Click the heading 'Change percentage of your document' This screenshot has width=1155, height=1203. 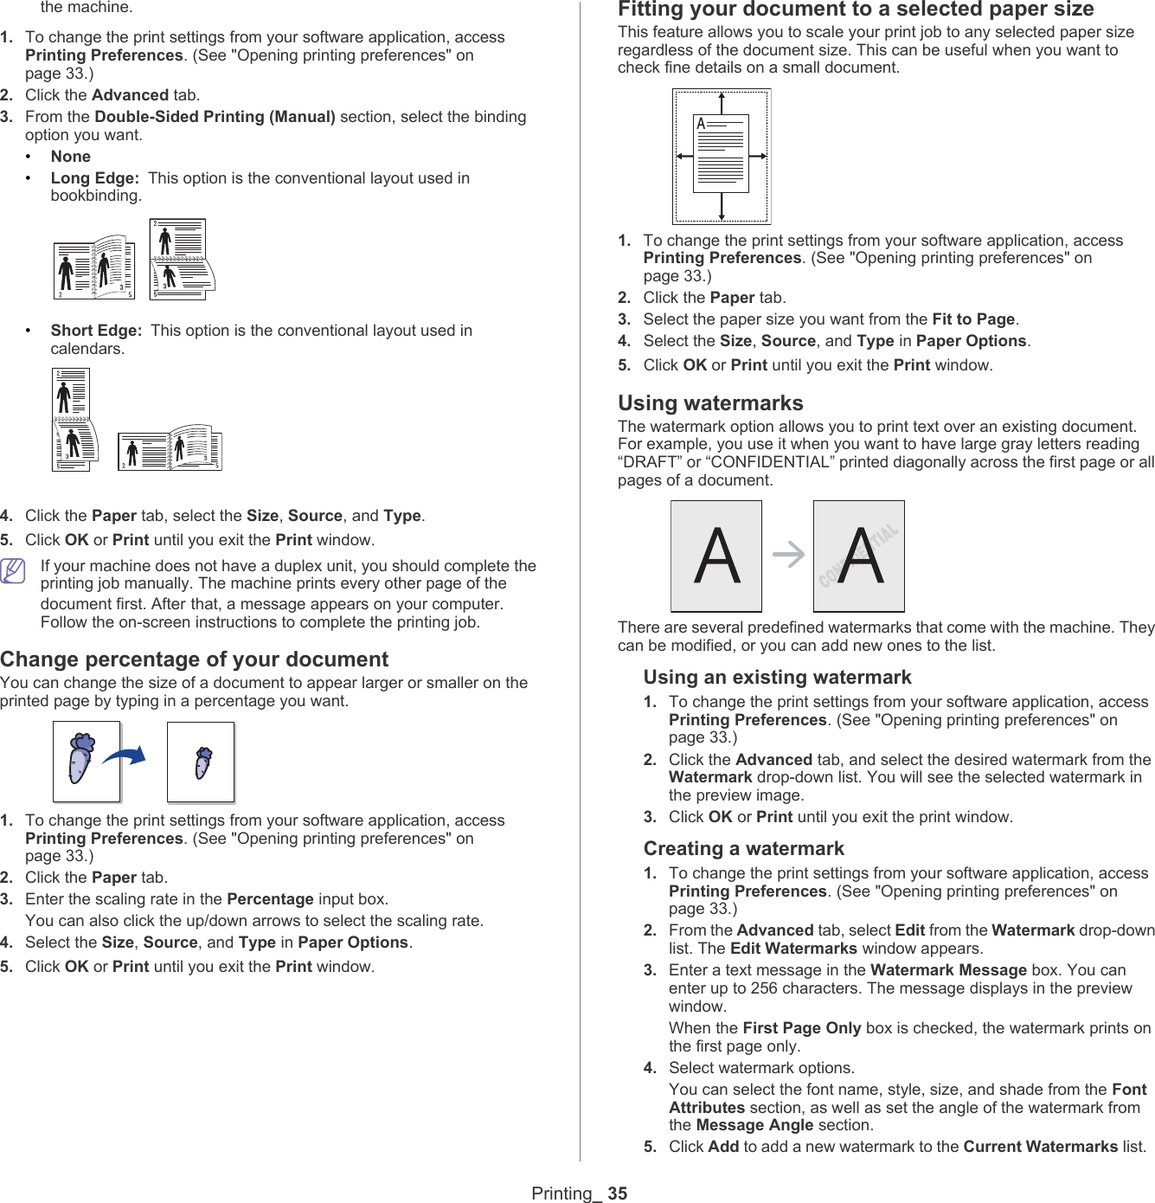(x=194, y=659)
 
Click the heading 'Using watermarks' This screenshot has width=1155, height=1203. (x=710, y=403)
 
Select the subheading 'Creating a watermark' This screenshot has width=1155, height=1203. (x=743, y=849)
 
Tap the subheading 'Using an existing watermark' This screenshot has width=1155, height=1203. (x=777, y=678)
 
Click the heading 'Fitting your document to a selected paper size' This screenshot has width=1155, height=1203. (x=856, y=10)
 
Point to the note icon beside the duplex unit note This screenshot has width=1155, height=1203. (x=13, y=571)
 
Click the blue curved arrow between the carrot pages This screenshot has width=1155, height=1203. (x=125, y=756)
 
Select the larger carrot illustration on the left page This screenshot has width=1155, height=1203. (x=80, y=758)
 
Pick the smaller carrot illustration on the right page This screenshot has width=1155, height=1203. (x=202, y=762)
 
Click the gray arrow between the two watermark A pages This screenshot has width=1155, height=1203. (x=788, y=554)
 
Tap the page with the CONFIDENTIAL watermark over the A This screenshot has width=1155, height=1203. (x=859, y=556)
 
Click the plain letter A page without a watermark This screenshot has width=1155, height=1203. (x=716, y=556)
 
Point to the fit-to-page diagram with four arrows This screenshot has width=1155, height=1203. (x=722, y=157)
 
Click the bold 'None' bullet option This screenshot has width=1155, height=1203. (x=71, y=157)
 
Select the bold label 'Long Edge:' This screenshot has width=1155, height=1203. (x=94, y=178)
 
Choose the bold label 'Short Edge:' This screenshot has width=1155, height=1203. (x=96, y=331)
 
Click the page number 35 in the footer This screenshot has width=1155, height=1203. (x=617, y=1193)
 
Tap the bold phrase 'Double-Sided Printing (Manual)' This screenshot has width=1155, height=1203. (x=215, y=117)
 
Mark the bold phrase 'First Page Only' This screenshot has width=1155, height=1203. (x=801, y=1028)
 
